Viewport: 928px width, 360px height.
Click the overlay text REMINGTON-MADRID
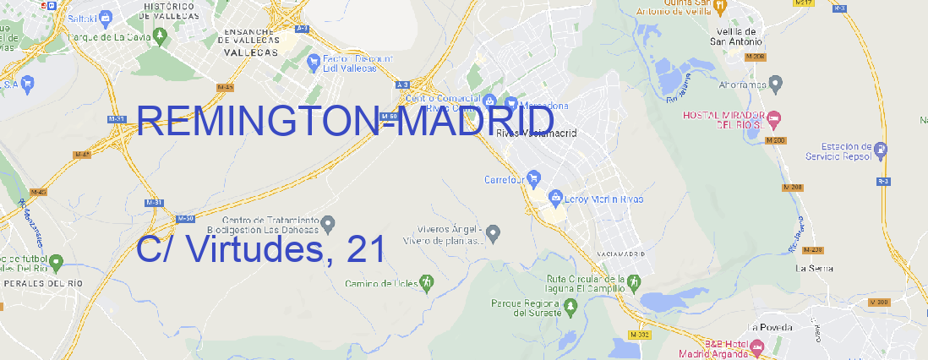coord(345,123)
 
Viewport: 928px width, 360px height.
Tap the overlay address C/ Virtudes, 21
coord(260,249)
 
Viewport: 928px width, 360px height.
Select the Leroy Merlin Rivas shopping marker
coord(555,199)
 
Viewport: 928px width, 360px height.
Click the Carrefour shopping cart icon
coord(534,179)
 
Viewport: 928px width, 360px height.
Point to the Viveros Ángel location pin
coord(495,232)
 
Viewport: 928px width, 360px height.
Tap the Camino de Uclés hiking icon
coord(427,282)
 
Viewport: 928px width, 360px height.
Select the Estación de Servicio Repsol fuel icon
coord(882,150)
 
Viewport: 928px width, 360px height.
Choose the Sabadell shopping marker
coord(105,16)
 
